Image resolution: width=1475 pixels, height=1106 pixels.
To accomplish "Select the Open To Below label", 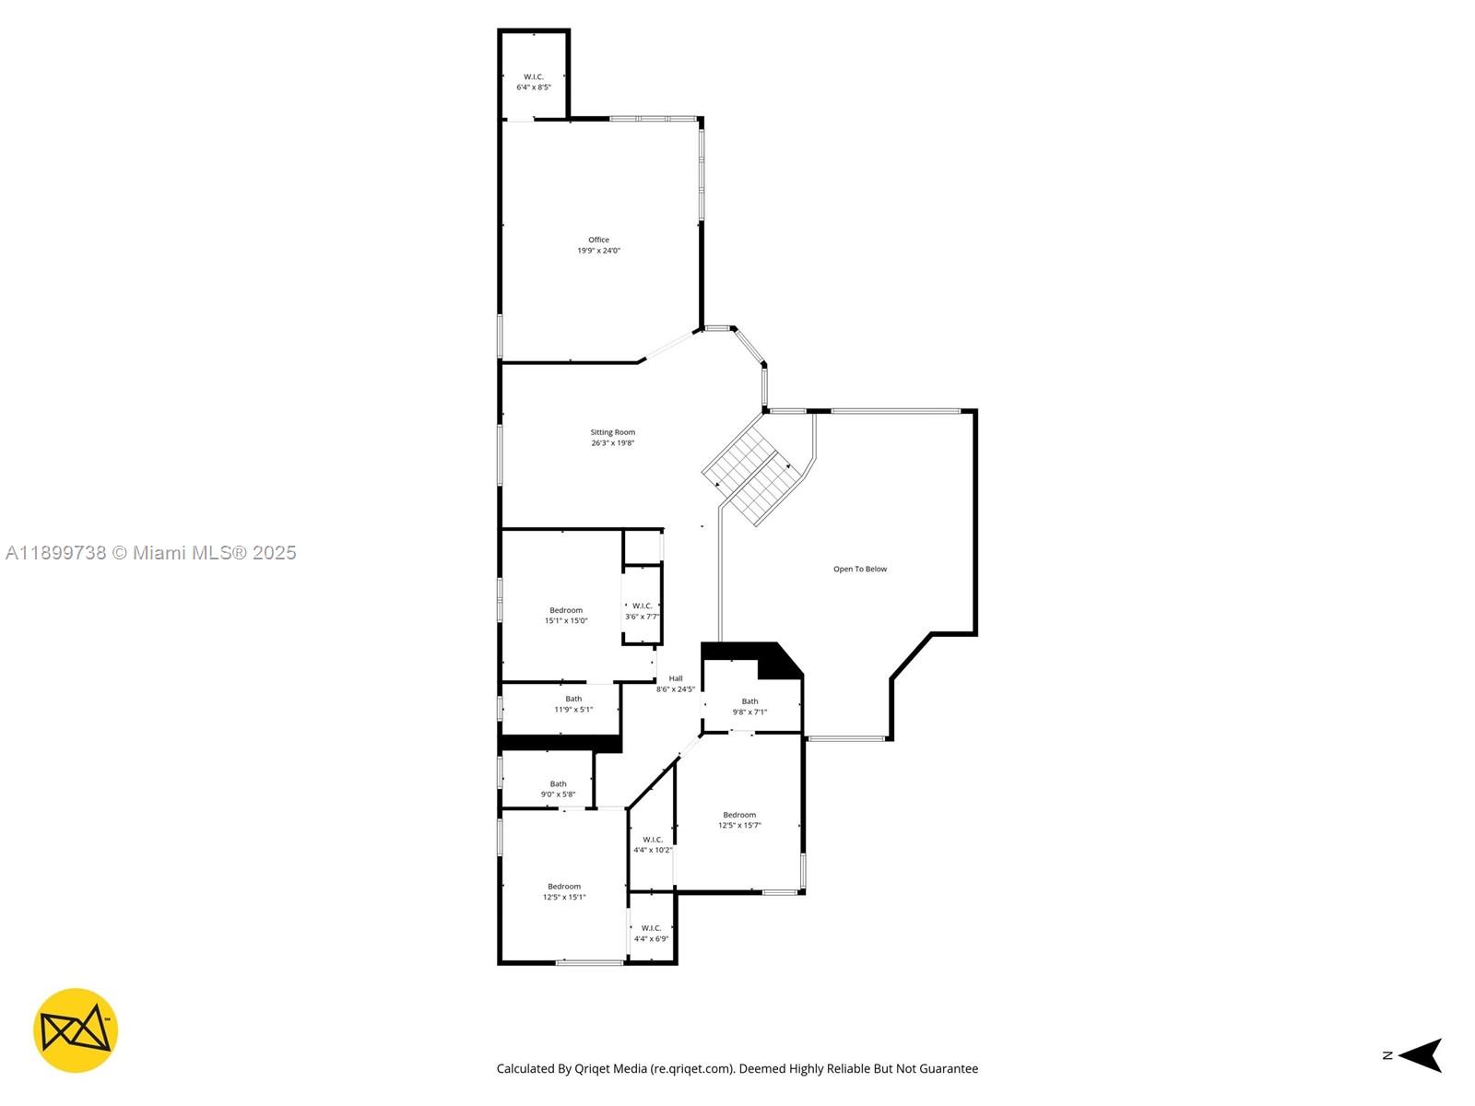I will click(859, 569).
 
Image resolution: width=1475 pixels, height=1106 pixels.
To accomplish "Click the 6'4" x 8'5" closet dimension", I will click(533, 88).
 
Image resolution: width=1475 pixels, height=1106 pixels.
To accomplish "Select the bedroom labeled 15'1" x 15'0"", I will click(565, 615).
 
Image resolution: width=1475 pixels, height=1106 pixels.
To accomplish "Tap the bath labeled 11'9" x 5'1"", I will click(572, 704).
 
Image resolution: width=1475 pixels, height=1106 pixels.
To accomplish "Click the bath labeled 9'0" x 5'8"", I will click(558, 789).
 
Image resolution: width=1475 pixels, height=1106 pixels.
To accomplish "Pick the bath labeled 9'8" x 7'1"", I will click(749, 706).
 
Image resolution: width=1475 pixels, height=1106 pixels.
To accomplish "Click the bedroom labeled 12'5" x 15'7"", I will click(739, 820).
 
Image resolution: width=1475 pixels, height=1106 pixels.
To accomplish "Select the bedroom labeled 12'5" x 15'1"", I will click(563, 891).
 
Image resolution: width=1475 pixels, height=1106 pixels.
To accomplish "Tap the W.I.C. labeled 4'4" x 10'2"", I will click(652, 844).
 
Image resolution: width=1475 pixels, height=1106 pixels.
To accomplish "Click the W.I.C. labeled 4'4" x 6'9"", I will click(651, 933).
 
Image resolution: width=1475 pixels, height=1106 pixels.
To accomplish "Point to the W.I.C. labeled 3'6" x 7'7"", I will click(642, 611).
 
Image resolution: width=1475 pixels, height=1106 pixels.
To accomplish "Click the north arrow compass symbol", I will click(1420, 1055).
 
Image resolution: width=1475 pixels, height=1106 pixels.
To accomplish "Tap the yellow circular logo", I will click(76, 1030).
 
